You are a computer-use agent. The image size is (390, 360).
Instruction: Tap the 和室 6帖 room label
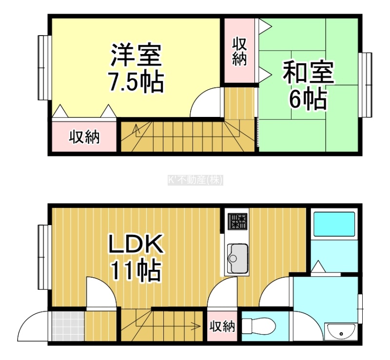pyautogui.click(x=309, y=84)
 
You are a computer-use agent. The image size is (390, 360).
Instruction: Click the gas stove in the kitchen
pyautogui.click(x=238, y=221)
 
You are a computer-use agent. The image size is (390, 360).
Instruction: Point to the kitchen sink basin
pyautogui.click(x=238, y=258)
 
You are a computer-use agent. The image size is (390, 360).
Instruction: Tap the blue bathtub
pyautogui.click(x=334, y=224)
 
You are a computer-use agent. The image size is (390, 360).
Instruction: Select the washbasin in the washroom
pyautogui.click(x=341, y=332)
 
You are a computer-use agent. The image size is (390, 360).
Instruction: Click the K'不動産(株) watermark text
pyautogui.click(x=195, y=180)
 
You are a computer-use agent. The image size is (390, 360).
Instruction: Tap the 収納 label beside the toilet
pyautogui.click(x=222, y=326)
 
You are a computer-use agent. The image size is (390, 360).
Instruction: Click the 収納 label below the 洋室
pyautogui.click(x=84, y=137)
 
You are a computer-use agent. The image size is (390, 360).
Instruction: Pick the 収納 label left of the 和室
pyautogui.click(x=239, y=52)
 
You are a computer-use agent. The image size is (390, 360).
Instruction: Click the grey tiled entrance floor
pyautogui.click(x=68, y=326)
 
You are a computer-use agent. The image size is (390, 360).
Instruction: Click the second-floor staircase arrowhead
pyautogui.click(x=136, y=127)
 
